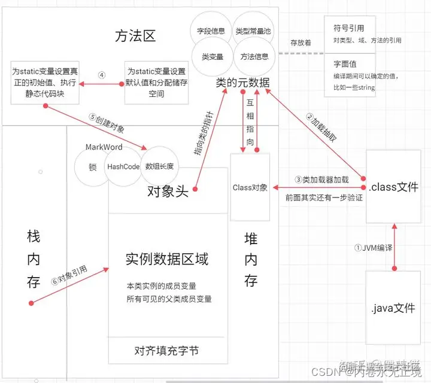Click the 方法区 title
pyautogui.click(x=135, y=36)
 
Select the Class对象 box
pyautogui.click(x=250, y=187)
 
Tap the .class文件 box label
pyautogui.click(x=394, y=187)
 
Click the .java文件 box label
pyautogui.click(x=394, y=309)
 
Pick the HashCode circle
pyautogui.click(x=123, y=166)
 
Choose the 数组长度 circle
pyautogui.click(x=159, y=166)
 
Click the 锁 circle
pyautogui.click(x=92, y=168)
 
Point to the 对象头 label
pyautogui.click(x=168, y=191)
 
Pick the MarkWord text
pyautogui.click(x=104, y=147)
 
